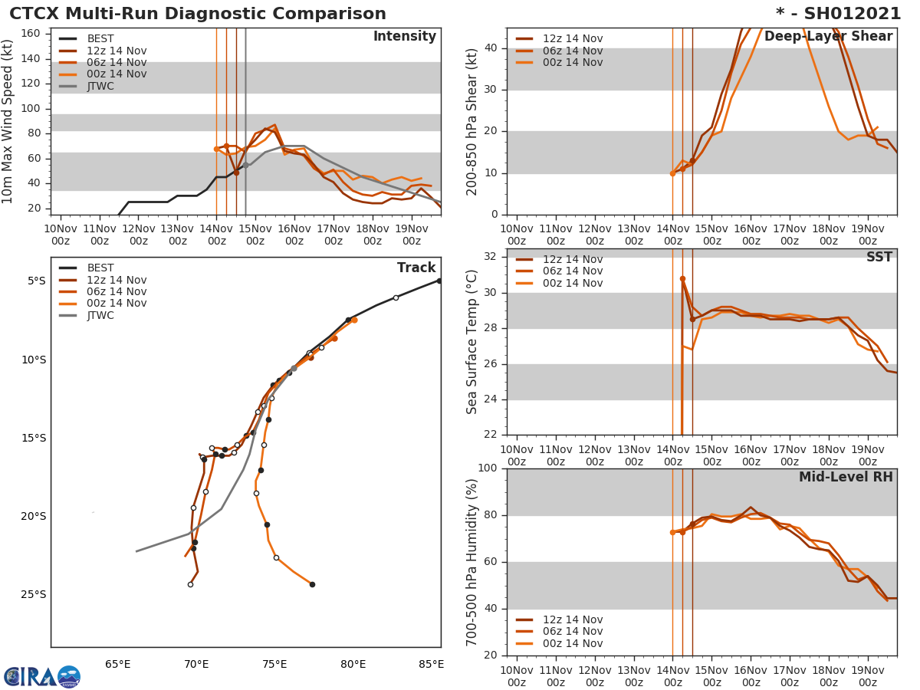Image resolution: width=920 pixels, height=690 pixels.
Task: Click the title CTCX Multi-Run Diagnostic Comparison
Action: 198,14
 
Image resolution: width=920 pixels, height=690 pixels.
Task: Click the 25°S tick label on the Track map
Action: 33,595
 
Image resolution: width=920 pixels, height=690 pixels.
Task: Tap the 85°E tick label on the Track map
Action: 431,664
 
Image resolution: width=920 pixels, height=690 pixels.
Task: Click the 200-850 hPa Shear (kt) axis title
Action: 472,121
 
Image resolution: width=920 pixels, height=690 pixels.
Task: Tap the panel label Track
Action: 416,268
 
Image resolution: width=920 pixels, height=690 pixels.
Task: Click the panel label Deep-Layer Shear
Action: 828,37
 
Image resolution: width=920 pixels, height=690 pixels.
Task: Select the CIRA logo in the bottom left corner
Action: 42,677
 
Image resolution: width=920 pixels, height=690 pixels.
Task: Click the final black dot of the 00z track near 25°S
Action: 312,584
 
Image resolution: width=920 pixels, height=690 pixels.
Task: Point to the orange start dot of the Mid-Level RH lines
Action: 672,532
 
